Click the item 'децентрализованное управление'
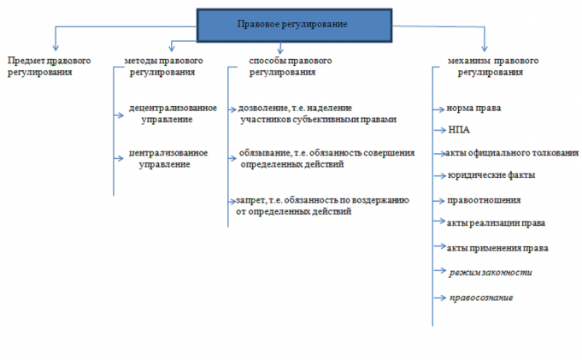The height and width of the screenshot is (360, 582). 171,114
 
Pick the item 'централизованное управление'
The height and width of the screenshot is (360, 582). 168,158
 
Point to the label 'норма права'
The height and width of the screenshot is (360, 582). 473,109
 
